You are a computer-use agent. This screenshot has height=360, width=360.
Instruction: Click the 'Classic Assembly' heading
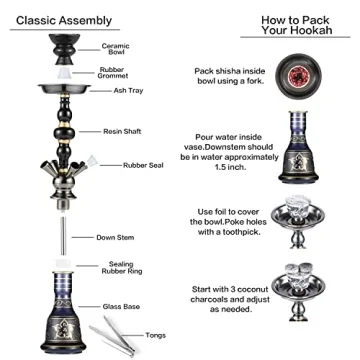63,19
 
